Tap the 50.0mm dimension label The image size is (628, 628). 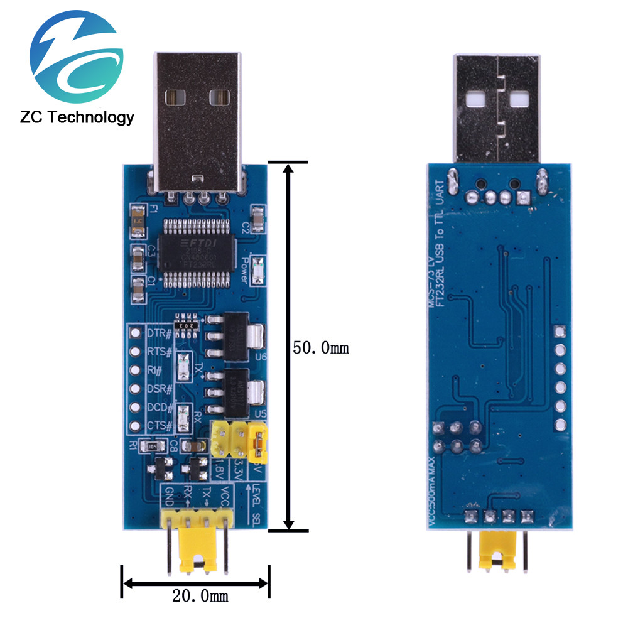point(321,347)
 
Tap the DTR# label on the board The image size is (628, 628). point(159,332)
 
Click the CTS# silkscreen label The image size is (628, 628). point(159,426)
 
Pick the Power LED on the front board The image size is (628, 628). point(256,272)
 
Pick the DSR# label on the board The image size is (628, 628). point(159,389)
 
